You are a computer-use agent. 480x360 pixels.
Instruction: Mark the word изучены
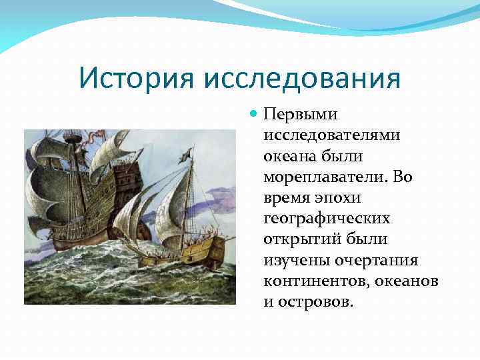click(293, 259)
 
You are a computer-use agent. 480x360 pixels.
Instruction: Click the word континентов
click(313, 280)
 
